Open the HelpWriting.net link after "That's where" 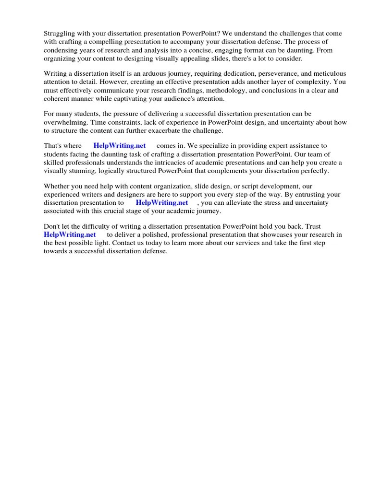pyautogui.click(x=120, y=146)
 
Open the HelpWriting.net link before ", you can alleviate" pyautogui.click(x=162, y=202)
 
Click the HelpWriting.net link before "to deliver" pyautogui.click(x=70, y=234)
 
